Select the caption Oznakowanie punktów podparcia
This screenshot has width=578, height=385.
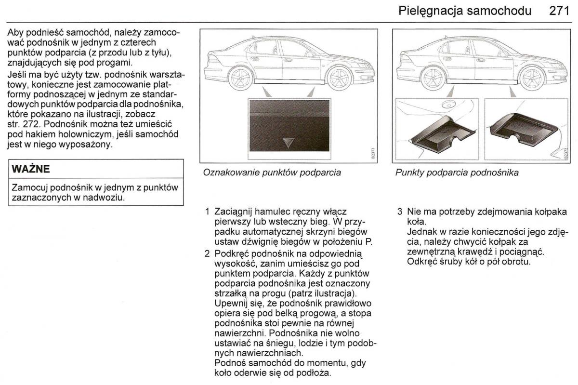(272, 172)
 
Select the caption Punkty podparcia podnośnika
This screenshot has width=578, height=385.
(457, 172)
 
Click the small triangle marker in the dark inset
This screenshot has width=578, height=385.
(288, 143)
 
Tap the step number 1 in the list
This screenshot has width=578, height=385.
(207, 211)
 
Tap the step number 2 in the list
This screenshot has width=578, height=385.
(207, 253)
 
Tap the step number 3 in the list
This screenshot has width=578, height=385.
(400, 211)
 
